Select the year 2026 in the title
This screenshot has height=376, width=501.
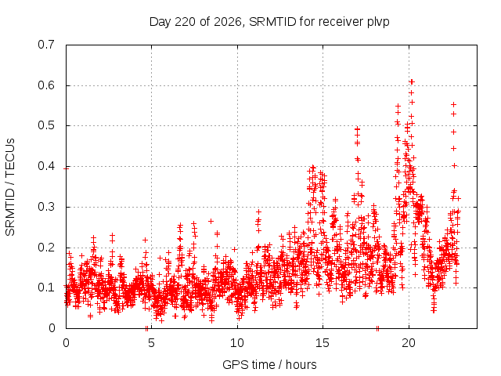228,22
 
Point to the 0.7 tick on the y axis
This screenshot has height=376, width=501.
46,45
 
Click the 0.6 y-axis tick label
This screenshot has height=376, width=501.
46,85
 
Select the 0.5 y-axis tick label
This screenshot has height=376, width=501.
46,125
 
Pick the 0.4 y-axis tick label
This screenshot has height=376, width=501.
46,166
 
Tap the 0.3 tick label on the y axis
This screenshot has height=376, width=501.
46,207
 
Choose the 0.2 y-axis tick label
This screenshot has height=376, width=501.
46,248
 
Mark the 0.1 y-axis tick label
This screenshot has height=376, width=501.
46,287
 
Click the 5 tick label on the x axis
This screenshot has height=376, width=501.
151,343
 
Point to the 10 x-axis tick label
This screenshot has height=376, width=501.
237,343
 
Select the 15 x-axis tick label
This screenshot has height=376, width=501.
323,343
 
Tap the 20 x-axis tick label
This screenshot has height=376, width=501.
409,343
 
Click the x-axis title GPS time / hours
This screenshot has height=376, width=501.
269,365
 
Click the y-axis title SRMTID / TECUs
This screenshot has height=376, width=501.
10,187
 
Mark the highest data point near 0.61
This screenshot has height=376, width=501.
412,81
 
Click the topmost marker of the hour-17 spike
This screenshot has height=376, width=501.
358,129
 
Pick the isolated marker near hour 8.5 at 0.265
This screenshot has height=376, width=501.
211,221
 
